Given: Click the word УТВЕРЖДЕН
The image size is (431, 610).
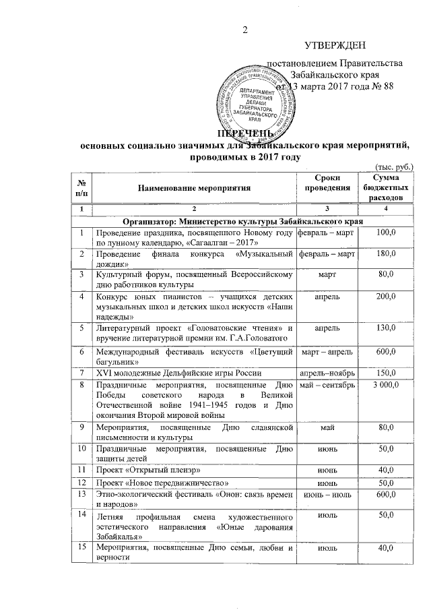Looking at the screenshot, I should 335,46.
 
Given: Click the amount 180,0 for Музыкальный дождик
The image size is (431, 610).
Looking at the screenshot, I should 385,257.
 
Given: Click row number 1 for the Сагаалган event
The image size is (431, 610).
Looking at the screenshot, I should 81,234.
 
